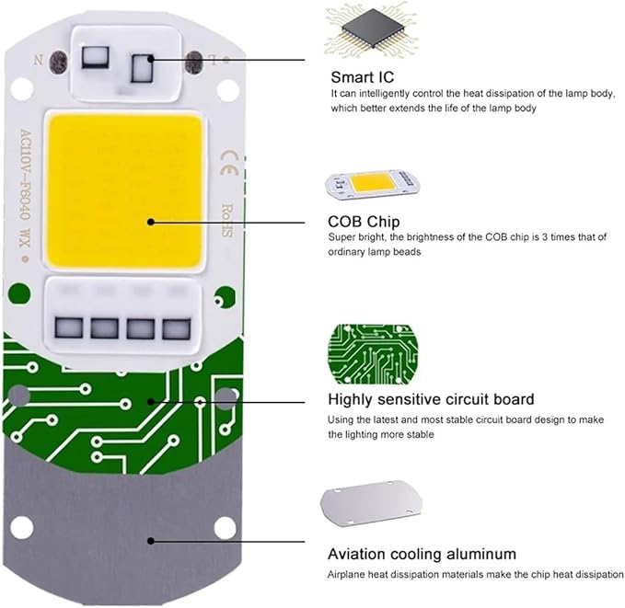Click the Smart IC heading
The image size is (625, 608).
(x=362, y=77)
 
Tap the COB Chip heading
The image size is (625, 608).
(x=364, y=222)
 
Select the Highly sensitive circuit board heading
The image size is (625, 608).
(x=431, y=399)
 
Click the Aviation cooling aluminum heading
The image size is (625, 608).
(x=422, y=554)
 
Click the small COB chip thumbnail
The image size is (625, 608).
(x=372, y=184)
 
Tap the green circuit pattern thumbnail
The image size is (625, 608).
(x=373, y=354)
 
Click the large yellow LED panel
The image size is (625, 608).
(x=125, y=191)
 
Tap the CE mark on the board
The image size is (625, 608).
(x=230, y=164)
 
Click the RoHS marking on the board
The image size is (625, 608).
(x=226, y=221)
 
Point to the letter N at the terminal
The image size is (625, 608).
(x=39, y=60)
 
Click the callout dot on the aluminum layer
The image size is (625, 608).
(x=151, y=541)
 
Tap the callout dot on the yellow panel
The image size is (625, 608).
(x=151, y=222)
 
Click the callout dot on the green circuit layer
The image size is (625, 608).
(x=151, y=401)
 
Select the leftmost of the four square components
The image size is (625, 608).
(x=69, y=328)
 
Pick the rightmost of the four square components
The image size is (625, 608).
(x=177, y=328)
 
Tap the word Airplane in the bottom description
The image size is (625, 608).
(x=346, y=575)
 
